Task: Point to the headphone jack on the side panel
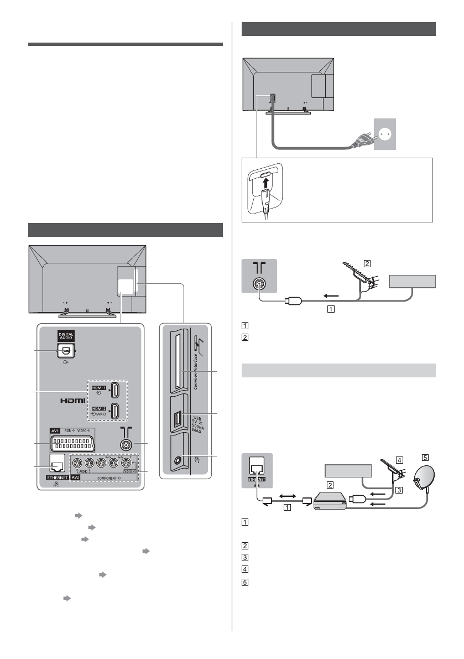tap(176, 459)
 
